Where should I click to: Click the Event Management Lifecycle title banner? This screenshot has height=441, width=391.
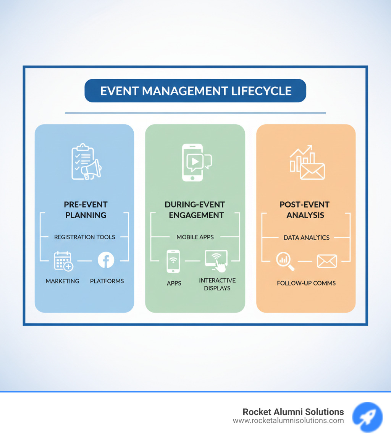(195, 91)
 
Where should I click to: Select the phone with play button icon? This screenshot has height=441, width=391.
(196, 162)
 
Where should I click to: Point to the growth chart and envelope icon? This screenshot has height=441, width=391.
(307, 162)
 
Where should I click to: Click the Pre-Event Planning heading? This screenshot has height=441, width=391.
(86, 209)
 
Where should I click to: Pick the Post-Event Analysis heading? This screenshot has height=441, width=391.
(305, 209)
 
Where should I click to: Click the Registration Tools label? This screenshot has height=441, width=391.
(84, 237)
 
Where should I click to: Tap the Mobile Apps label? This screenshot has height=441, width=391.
(195, 237)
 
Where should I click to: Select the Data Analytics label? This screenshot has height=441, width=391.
(306, 237)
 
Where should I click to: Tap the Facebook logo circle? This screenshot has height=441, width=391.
(106, 260)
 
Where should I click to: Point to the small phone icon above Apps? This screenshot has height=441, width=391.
(173, 261)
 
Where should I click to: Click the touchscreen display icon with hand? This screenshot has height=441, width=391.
(216, 261)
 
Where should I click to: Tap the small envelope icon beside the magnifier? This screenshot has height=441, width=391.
(327, 261)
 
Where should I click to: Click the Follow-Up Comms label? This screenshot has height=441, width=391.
(306, 283)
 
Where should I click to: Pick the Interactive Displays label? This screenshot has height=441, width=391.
(217, 284)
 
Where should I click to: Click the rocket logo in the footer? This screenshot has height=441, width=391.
(367, 417)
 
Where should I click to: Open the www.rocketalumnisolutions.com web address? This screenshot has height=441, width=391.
(288, 421)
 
